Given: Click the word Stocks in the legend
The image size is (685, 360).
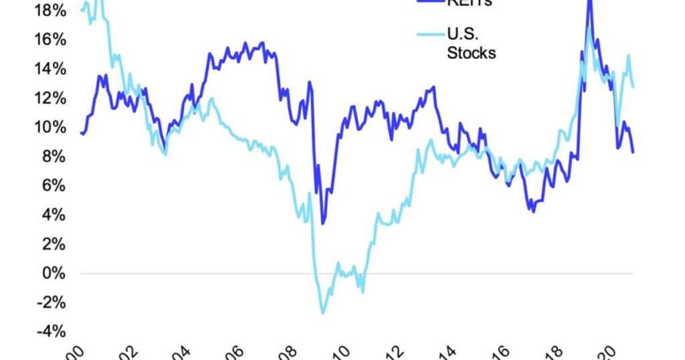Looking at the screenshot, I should click(472, 53).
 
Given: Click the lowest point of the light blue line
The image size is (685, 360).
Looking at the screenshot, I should click(322, 313).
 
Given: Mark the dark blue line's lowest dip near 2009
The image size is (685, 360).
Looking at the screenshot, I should click(323, 223).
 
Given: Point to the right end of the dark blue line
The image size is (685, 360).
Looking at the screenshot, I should click(633, 152).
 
